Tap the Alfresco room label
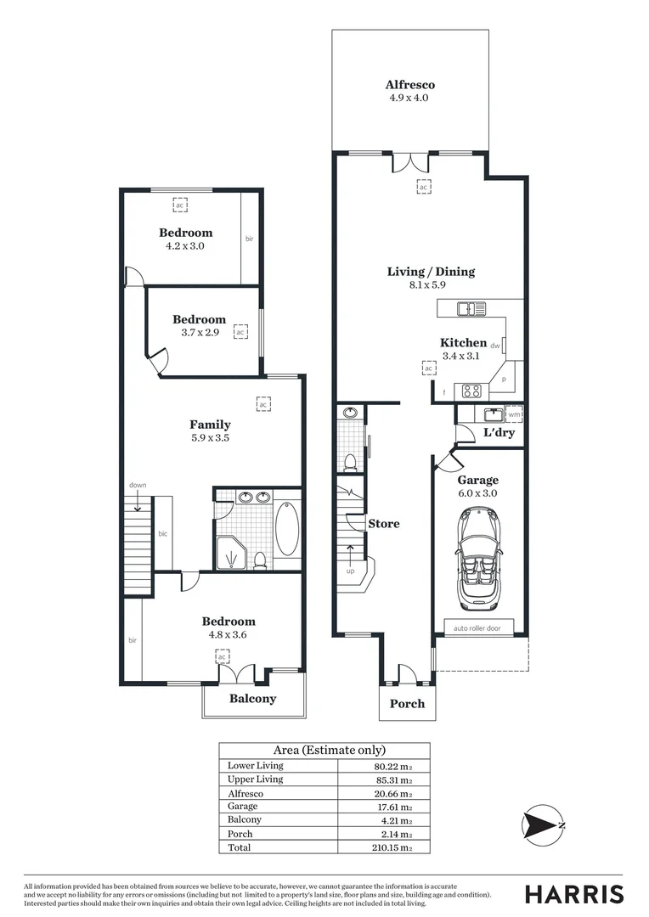[409, 85]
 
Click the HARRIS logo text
[574, 894]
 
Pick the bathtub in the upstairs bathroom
[287, 529]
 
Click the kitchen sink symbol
[470, 309]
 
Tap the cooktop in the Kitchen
[470, 391]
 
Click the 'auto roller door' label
[478, 629]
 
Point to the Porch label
[407, 704]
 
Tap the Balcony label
[252, 699]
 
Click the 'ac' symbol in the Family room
[263, 405]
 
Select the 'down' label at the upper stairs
[138, 485]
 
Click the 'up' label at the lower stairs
[350, 571]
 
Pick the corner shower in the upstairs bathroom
[229, 553]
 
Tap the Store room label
[383, 524]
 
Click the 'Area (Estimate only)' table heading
[329, 750]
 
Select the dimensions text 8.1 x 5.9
[431, 285]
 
